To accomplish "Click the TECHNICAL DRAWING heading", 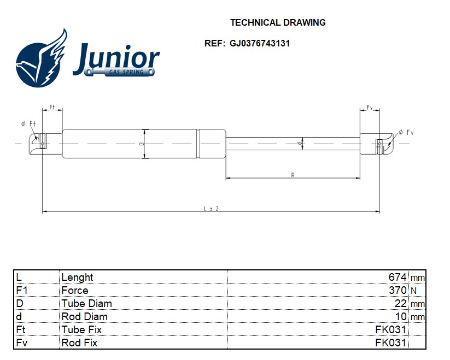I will click(x=278, y=23).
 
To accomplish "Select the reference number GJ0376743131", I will click(x=260, y=44).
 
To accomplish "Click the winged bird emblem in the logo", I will click(x=42, y=59).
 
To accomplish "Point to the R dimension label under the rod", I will click(x=293, y=175).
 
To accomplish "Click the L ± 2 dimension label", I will click(x=211, y=208).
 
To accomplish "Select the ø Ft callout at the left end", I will click(x=28, y=124).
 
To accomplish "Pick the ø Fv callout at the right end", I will click(x=407, y=133).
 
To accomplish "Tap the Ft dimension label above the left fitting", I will click(x=53, y=107).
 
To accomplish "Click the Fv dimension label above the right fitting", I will click(x=370, y=107).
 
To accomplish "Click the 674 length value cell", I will click(x=398, y=277).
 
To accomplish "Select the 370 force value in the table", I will click(x=398, y=290).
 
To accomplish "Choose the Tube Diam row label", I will click(x=86, y=303).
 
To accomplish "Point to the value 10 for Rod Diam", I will click(x=401, y=316).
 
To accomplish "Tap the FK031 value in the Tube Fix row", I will click(x=390, y=329).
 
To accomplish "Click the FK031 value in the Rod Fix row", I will click(x=390, y=343).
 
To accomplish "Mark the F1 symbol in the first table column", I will click(x=22, y=290).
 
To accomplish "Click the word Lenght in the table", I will click(x=77, y=277).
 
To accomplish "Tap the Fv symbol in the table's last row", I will click(x=21, y=343).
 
